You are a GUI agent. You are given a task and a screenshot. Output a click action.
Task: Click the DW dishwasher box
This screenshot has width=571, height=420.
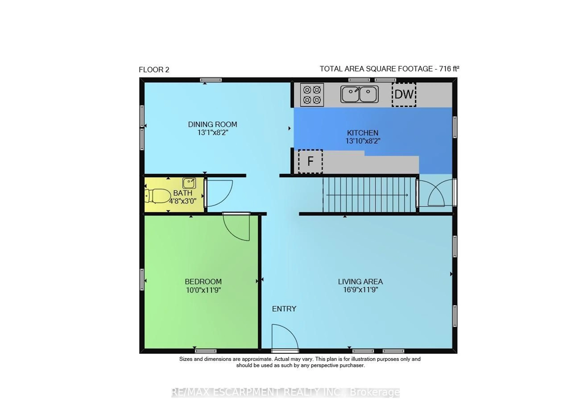(x=404, y=95)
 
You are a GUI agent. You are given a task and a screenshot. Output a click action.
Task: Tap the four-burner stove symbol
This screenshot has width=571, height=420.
(x=312, y=95)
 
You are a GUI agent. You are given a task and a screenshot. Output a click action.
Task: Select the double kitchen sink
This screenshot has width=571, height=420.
(x=359, y=94)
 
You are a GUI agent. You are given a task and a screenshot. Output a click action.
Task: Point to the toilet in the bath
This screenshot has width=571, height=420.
(x=158, y=196)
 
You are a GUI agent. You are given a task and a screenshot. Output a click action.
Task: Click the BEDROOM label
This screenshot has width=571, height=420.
(x=203, y=281)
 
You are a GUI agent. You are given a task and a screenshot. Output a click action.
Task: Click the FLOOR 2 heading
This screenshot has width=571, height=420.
(x=154, y=70)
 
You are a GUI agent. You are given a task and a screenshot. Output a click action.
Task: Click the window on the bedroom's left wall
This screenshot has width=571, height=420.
(x=142, y=279)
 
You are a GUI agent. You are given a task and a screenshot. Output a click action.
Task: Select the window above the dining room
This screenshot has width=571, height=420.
(x=211, y=80)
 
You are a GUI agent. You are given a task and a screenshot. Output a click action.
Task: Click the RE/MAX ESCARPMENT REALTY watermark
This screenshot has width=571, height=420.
(x=285, y=392)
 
